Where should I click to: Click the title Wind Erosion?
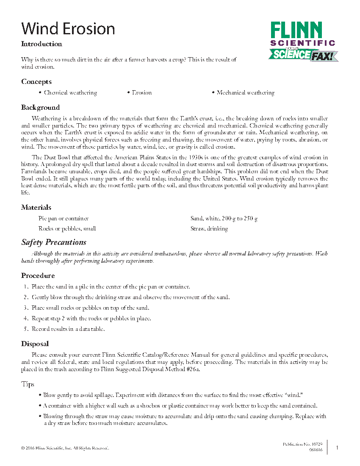pyautogui.click(x=68, y=29)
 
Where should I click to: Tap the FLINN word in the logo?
pyautogui.click(x=296, y=31)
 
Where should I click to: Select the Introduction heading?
pyautogui.click(x=42, y=44)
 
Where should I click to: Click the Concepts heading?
pyautogui.click(x=36, y=82)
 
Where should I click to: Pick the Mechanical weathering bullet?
pyautogui.click(x=243, y=93)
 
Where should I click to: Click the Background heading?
pyautogui.click(x=40, y=108)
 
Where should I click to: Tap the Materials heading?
pyautogui.click(x=36, y=208)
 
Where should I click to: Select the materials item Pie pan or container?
pyautogui.click(x=64, y=219)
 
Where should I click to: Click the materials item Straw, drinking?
pyautogui.click(x=209, y=229)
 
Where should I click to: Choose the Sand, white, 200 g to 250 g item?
pyautogui.click(x=224, y=219)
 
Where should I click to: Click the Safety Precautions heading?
pyautogui.click(x=54, y=242)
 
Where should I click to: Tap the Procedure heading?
pyautogui.click(x=38, y=276)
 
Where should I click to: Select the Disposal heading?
pyautogui.click(x=35, y=344)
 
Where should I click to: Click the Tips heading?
pyautogui.click(x=28, y=384)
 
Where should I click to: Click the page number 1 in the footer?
pyautogui.click(x=337, y=447)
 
